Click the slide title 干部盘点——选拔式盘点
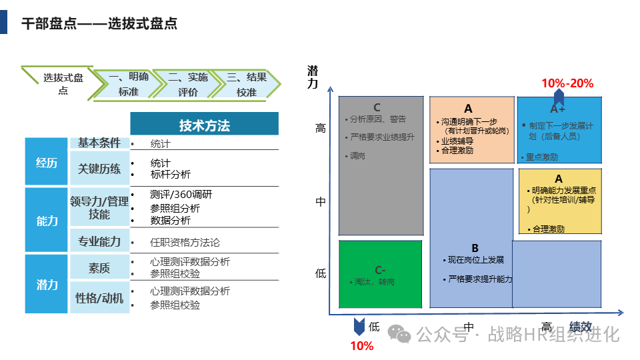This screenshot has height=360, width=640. click(x=99, y=25)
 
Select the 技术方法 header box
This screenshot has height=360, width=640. click(x=204, y=125)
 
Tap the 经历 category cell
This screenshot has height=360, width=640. click(x=47, y=162)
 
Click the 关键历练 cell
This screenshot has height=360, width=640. click(x=99, y=169)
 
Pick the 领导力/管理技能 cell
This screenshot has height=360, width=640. click(x=99, y=207)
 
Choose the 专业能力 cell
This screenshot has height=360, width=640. click(x=99, y=241)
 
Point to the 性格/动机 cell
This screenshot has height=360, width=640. click(x=99, y=298)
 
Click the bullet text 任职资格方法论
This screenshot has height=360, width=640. click(x=185, y=242)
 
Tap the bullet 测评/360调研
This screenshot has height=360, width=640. click(x=181, y=195)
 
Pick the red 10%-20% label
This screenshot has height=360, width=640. click(x=567, y=83)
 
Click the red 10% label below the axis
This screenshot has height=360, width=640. click(x=362, y=346)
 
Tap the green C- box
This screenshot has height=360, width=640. click(x=381, y=274)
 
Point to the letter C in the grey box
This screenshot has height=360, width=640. click(x=377, y=107)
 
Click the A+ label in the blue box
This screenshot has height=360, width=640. click(x=558, y=109)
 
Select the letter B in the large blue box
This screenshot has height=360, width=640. click(x=475, y=247)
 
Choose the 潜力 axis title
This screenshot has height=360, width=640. click(x=313, y=77)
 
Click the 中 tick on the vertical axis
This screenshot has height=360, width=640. click(x=321, y=201)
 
